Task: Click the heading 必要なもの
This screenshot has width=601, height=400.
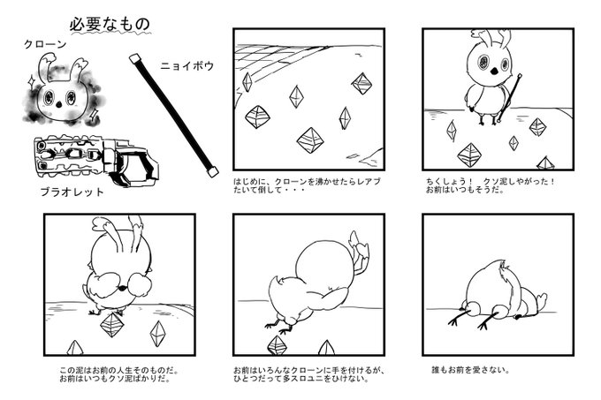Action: pos(110,25)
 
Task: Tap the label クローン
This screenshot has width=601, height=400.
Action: pos(45,44)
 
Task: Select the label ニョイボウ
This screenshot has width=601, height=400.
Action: pos(187,66)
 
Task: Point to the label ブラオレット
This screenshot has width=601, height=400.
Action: pos(72,192)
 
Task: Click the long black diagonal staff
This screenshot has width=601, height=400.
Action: pos(174,115)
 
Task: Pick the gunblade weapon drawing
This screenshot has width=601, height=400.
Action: pos(95,161)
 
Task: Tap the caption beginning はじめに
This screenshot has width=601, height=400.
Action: pos(307,185)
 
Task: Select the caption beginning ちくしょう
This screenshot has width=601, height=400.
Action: pos(490,185)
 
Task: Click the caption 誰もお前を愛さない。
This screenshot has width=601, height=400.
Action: pos(471,370)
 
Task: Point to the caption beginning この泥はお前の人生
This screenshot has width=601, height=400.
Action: pos(119,374)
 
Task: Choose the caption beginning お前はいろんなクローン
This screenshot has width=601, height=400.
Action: pos(308,374)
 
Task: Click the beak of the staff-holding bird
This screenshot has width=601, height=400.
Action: pos(494,71)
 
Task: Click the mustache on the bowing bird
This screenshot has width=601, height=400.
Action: pos(121,286)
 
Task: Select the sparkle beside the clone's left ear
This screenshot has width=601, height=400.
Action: pos(29,80)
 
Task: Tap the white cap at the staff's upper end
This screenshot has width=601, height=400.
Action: pos(133,58)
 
